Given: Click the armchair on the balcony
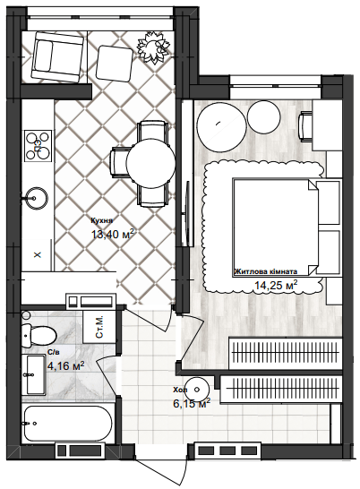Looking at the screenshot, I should (x=55, y=57).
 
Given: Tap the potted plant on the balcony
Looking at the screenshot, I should (x=154, y=44).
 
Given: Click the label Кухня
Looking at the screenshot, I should (x=100, y=220).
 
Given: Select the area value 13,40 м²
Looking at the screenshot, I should (x=112, y=235).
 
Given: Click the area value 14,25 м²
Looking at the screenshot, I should (x=276, y=286).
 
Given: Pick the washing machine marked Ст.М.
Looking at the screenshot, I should (x=99, y=326).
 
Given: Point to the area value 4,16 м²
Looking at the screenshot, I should (x=65, y=365).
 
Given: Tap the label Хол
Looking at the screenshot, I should (x=180, y=390).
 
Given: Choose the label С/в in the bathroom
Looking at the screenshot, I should (x=53, y=352).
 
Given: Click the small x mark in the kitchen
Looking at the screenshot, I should (x=37, y=255).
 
